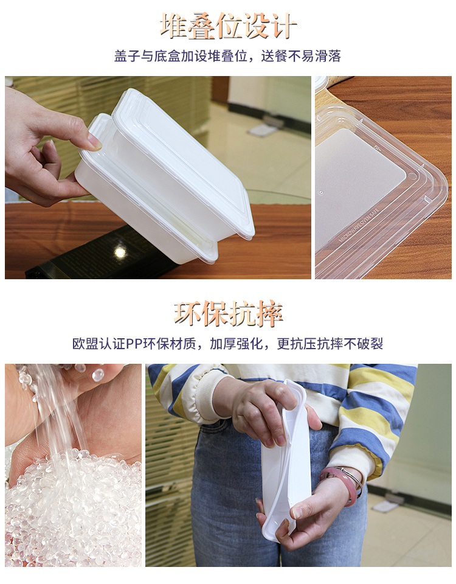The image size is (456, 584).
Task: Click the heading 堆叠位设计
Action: pos(228,26)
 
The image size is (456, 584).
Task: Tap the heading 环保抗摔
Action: pos(228,314)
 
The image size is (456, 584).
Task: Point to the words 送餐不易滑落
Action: pos(301,56)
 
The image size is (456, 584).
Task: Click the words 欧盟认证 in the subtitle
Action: pos(99,344)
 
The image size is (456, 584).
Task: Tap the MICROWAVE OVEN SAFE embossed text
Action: pos(359,225)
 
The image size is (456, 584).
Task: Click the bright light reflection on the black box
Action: pos(120,251)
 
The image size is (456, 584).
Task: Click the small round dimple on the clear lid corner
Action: pos(412,175)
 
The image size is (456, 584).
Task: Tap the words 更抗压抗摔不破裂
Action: pos(330,344)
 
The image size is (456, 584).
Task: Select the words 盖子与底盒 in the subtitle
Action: pos(147,56)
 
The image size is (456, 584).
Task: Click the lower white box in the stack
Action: pos(145,209)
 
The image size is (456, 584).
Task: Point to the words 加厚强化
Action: pos(237,344)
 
